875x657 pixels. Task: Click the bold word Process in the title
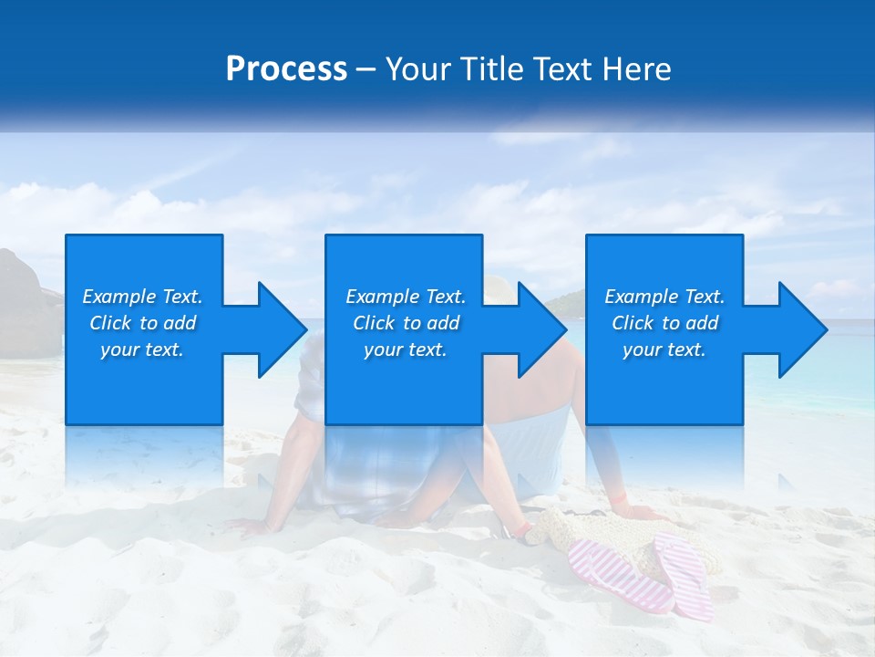[286, 69]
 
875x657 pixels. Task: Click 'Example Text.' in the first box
[142, 297]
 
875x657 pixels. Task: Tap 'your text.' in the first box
[142, 349]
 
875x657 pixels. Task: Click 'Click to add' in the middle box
[406, 323]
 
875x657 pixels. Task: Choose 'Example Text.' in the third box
[664, 297]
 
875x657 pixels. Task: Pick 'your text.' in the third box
[664, 349]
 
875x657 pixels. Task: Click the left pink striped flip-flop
[620, 575]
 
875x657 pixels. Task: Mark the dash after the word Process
[365, 69]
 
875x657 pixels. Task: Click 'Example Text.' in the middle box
[406, 297]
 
